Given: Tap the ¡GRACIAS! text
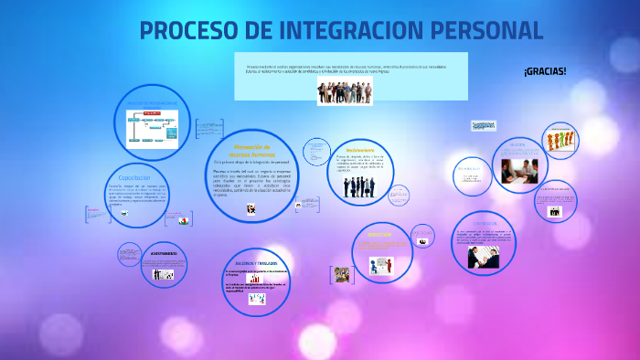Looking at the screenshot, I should click(545, 71).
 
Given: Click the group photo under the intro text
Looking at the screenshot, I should click(345, 90).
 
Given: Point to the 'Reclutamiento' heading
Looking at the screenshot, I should click(360, 150).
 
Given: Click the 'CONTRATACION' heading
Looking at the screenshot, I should click(485, 223).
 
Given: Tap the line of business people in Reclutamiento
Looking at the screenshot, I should click(359, 186).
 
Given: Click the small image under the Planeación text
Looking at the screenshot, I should click(251, 209).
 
